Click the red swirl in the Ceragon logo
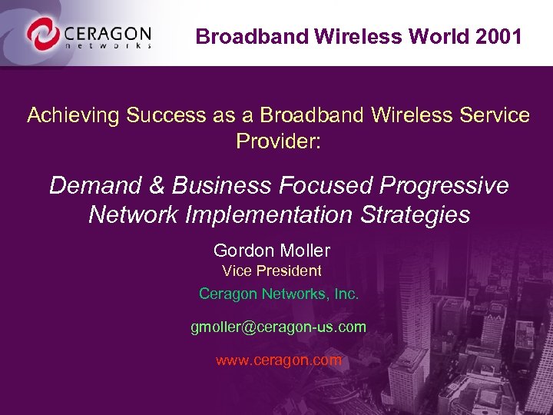(x=41, y=33)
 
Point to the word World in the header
(x=432, y=36)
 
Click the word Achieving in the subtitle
(x=74, y=115)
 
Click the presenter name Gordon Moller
(x=272, y=251)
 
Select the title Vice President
(x=272, y=271)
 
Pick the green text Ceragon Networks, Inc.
(x=278, y=294)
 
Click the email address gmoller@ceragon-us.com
(x=278, y=327)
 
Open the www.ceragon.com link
(x=278, y=360)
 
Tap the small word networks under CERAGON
(x=108, y=45)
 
